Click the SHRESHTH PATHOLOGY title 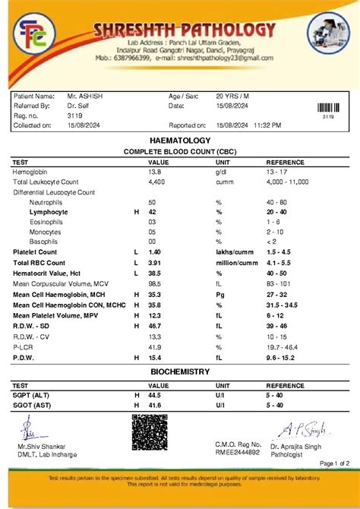185,31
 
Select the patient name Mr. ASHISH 85,96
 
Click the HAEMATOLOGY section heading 180,142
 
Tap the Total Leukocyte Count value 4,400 156,183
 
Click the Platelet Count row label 35,251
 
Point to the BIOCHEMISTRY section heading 180,371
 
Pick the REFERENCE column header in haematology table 285,163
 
